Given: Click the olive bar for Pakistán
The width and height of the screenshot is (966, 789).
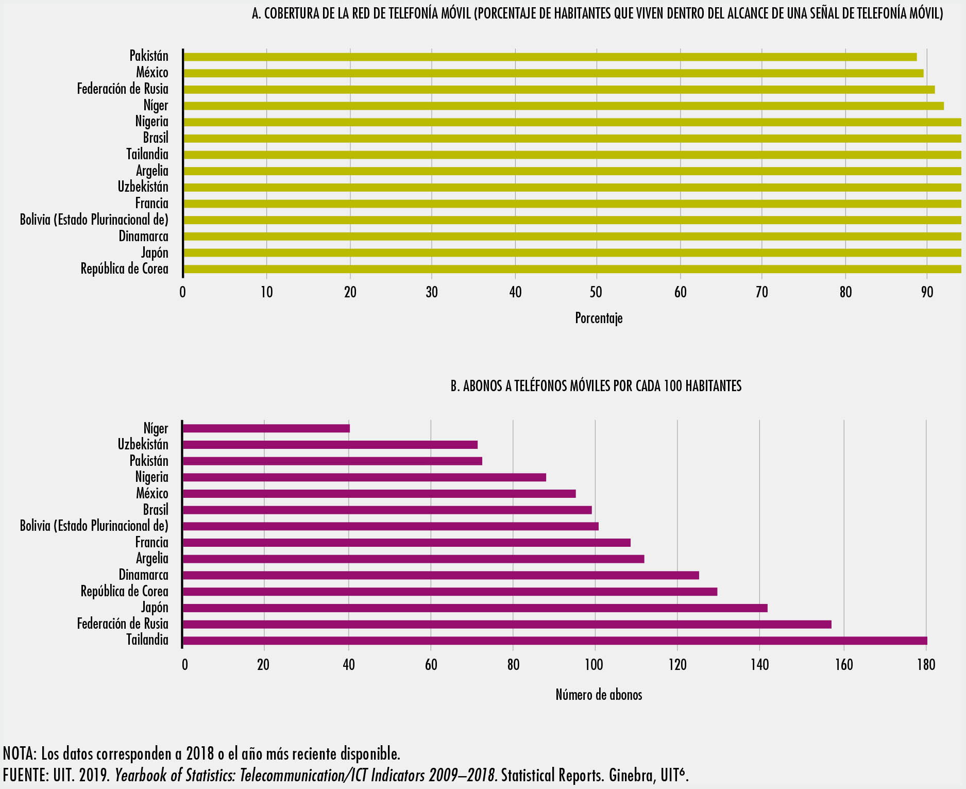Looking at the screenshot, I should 550,57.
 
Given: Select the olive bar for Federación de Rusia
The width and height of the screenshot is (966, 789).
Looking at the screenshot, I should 559,90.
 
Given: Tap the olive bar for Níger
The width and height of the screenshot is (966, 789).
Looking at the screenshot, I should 563,106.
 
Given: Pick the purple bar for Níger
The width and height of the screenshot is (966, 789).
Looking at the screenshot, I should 266,428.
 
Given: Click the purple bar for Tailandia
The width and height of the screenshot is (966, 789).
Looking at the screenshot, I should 555,641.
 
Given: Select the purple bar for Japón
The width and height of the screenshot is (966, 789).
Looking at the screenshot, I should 475,608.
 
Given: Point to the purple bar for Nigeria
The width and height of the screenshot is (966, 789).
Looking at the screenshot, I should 364,477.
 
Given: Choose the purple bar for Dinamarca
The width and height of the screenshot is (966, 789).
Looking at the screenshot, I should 441,575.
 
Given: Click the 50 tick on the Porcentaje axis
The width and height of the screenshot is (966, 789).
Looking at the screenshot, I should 596,293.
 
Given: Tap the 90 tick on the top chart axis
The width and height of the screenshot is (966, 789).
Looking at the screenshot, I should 927,293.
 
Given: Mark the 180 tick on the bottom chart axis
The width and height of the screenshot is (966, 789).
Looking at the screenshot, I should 926,665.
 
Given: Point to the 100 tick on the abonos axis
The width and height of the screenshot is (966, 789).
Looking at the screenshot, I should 594,665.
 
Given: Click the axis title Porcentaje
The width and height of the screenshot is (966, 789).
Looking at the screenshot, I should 599,318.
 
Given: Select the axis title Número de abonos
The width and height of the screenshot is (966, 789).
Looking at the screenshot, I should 599,695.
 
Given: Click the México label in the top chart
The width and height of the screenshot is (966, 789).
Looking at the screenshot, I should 152,73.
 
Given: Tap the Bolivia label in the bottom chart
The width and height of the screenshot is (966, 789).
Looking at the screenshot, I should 94,526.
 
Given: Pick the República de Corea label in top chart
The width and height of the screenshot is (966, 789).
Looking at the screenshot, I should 124,269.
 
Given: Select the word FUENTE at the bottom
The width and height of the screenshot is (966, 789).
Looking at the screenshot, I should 24,775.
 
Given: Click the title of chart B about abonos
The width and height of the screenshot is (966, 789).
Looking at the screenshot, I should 596,386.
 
